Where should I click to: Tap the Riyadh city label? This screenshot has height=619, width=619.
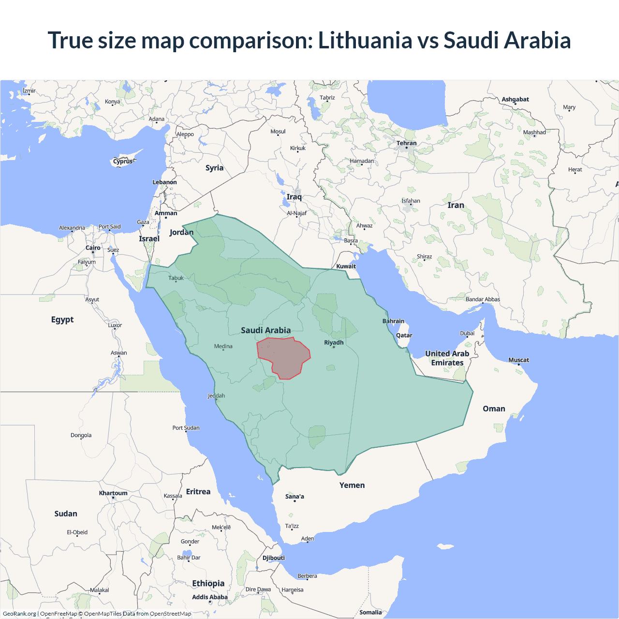click(334, 342)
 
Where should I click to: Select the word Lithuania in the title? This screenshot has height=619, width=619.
click(365, 40)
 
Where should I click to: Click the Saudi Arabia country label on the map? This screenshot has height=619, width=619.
click(265, 330)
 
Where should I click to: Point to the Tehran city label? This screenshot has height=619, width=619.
click(406, 143)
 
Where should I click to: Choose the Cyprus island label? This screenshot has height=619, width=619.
click(123, 162)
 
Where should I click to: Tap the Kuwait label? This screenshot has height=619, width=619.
click(346, 266)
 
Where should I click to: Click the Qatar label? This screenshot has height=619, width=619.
click(404, 335)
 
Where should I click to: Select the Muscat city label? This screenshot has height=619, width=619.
click(518, 360)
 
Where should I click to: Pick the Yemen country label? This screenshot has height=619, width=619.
click(352, 485)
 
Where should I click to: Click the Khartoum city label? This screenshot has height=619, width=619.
click(113, 493)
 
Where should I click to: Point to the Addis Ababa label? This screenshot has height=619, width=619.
click(209, 597)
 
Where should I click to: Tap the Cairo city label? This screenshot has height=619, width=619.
click(93, 248)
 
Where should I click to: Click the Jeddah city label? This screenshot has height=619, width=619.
click(216, 396)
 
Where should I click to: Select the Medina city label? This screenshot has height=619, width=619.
click(223, 346)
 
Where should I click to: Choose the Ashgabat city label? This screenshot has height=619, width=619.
click(515, 99)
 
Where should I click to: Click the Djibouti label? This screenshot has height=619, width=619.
click(274, 558)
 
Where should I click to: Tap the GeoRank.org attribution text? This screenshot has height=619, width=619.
click(19, 614)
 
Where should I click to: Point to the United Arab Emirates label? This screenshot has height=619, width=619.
click(447, 358)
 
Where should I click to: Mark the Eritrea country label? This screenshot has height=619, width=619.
click(198, 491)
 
